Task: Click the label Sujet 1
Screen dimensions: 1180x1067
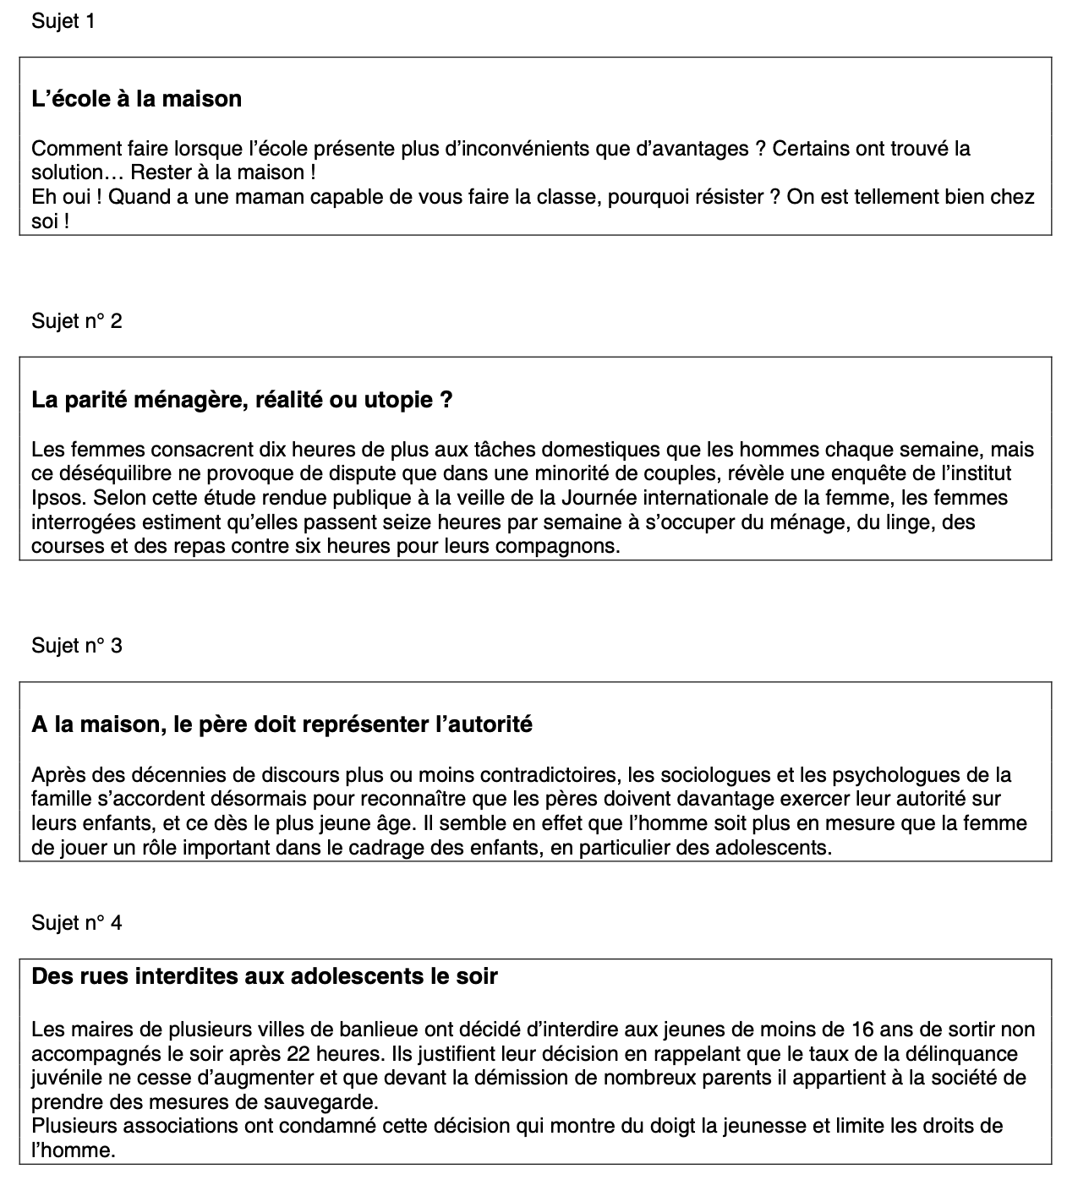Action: coord(63,21)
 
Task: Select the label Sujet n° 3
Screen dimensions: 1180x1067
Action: coord(76,646)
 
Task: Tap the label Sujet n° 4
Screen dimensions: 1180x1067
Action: coord(76,923)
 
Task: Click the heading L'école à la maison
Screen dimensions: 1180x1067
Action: coord(136,99)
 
